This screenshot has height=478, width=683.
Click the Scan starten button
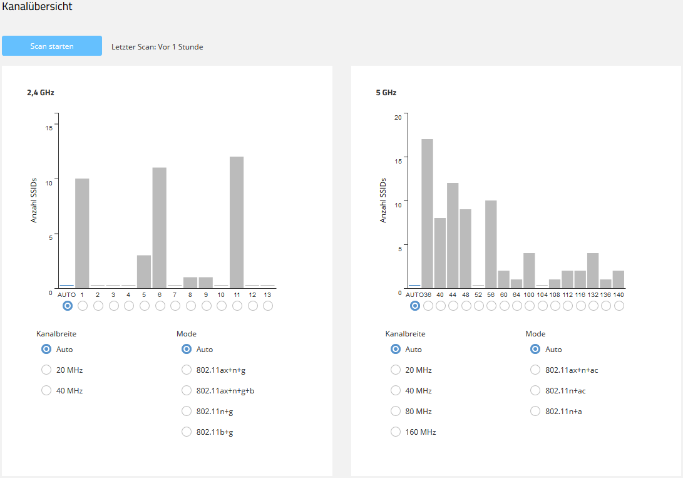click(52, 46)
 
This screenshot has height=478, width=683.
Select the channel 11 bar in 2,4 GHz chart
click(237, 222)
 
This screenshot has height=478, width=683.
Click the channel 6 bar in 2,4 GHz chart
click(160, 227)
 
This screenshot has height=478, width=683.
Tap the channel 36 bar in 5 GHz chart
click(427, 213)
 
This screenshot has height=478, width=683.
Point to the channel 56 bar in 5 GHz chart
click(491, 244)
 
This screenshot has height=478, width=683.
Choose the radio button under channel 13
click(268, 306)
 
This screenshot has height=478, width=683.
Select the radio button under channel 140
click(619, 306)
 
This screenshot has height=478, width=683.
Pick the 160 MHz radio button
click(396, 432)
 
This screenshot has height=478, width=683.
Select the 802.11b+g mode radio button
click(187, 432)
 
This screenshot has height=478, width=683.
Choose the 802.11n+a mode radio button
click(535, 411)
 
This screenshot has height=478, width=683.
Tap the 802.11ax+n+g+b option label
click(225, 390)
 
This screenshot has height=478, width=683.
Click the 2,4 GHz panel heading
click(41, 93)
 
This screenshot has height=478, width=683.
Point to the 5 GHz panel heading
click(386, 93)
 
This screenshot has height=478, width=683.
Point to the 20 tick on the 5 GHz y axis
click(398, 117)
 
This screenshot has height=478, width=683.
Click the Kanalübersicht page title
click(37, 7)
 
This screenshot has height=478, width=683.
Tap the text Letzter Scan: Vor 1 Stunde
click(157, 46)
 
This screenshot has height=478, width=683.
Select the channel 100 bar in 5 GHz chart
click(529, 270)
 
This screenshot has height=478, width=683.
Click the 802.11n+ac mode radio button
click(535, 390)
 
